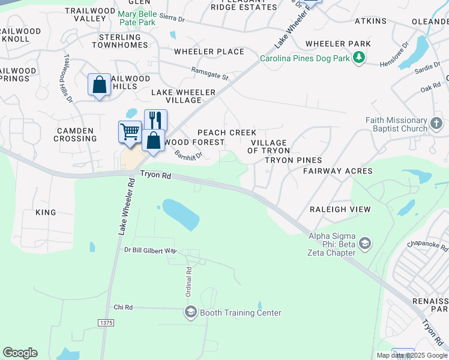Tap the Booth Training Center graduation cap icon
tap(191, 311)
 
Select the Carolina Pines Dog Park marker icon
tap(359, 58)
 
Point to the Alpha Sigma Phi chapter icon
tap(364, 244)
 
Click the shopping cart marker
tap(130, 131)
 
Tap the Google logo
tap(20, 353)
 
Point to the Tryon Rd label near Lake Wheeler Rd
tap(157, 175)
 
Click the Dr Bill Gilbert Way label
tap(151, 250)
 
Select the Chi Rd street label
tap(122, 307)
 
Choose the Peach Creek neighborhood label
tap(227, 133)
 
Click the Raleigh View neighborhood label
tap(340, 209)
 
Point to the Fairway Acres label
tap(337, 171)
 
